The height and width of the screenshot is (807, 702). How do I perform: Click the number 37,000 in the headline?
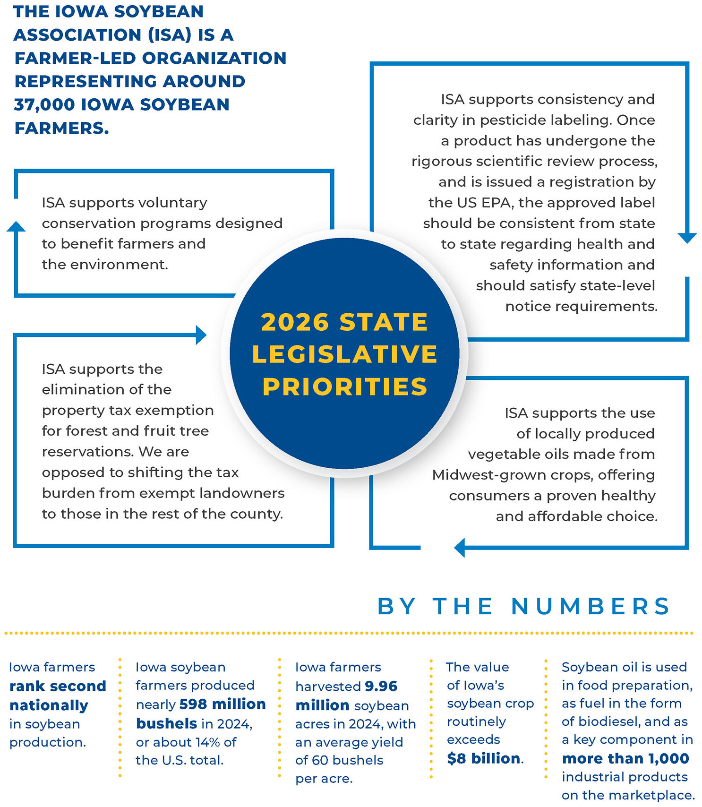point(44,104)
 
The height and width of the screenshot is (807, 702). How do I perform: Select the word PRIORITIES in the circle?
point(345,386)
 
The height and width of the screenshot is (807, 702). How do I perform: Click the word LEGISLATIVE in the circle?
point(345,354)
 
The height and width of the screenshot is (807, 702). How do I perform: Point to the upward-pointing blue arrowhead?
point(16,227)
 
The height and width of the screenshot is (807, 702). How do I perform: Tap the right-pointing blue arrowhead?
point(201,335)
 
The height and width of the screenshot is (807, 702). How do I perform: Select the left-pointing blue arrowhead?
point(460,548)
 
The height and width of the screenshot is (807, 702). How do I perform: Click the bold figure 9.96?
point(381,686)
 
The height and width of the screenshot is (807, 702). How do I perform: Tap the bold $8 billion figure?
point(484,758)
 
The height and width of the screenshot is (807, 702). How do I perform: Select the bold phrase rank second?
point(58,686)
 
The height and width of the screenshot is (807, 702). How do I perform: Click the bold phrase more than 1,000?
point(625,758)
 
